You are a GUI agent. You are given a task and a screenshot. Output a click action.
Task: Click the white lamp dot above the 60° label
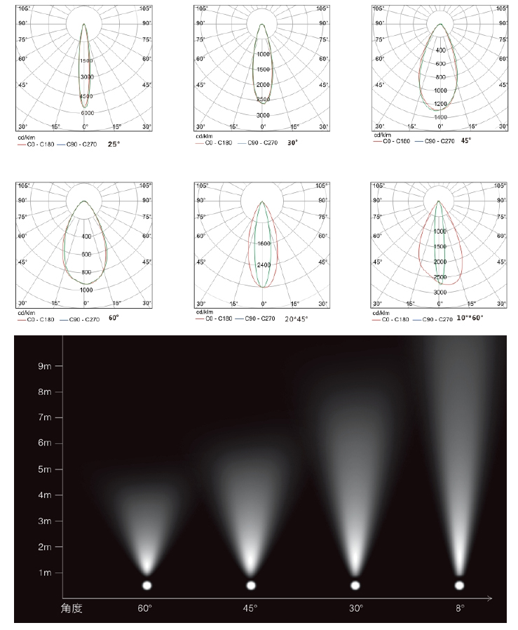tap(147, 585)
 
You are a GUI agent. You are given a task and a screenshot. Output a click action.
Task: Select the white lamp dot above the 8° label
tap(459, 585)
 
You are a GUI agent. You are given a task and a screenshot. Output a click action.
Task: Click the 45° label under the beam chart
tap(251, 608)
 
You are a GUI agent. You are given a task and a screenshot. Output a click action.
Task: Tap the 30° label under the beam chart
tap(355, 608)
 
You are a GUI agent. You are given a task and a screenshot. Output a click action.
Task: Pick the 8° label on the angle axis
tap(459, 608)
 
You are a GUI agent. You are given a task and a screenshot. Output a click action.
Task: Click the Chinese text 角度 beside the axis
tap(72, 608)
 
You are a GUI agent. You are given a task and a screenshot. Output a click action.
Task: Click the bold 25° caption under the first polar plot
tap(113, 143)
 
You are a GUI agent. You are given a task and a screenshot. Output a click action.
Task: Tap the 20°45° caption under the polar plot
tap(295, 319)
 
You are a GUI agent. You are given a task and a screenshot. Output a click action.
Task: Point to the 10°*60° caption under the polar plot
tap(470, 317)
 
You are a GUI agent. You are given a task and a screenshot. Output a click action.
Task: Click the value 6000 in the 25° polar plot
tap(87, 113)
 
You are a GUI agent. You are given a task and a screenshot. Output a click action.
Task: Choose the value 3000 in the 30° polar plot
tap(263, 114)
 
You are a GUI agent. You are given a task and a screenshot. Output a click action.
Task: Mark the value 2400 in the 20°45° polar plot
tap(264, 264)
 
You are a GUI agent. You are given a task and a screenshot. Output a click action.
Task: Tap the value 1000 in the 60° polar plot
tap(86, 289)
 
